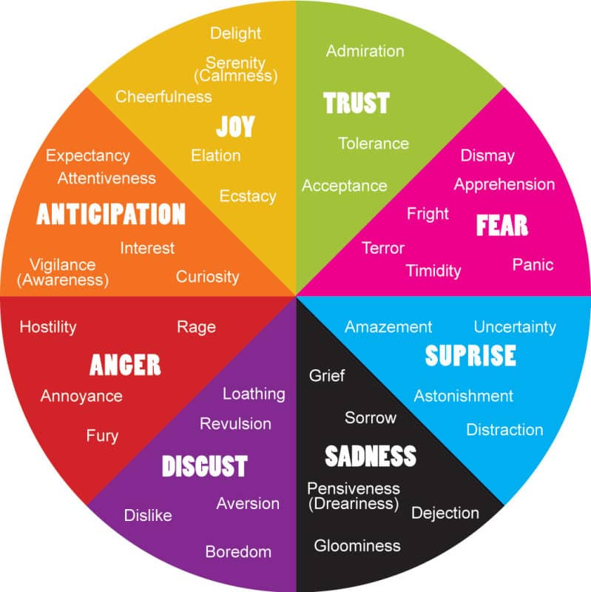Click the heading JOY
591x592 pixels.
click(x=235, y=127)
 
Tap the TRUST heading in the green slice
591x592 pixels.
click(x=357, y=103)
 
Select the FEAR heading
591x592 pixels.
click(x=502, y=225)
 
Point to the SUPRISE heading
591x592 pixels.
click(x=470, y=356)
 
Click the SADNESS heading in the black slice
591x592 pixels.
click(x=371, y=456)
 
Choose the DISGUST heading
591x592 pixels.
click(x=204, y=466)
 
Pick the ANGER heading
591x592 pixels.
click(x=125, y=365)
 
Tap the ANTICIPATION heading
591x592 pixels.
click(x=111, y=215)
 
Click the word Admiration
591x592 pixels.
click(x=365, y=51)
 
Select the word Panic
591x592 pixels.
click(x=533, y=264)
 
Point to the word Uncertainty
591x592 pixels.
click(x=515, y=326)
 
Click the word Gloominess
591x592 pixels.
click(x=357, y=545)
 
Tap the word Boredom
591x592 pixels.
click(x=238, y=551)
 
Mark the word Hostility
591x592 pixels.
click(x=48, y=326)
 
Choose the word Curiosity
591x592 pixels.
click(x=207, y=277)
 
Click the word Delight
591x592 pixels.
click(x=235, y=33)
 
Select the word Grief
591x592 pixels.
click(x=327, y=375)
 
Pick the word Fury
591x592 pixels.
click(x=102, y=436)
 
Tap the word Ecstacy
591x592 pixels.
click(x=248, y=196)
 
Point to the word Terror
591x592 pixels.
click(x=383, y=248)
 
